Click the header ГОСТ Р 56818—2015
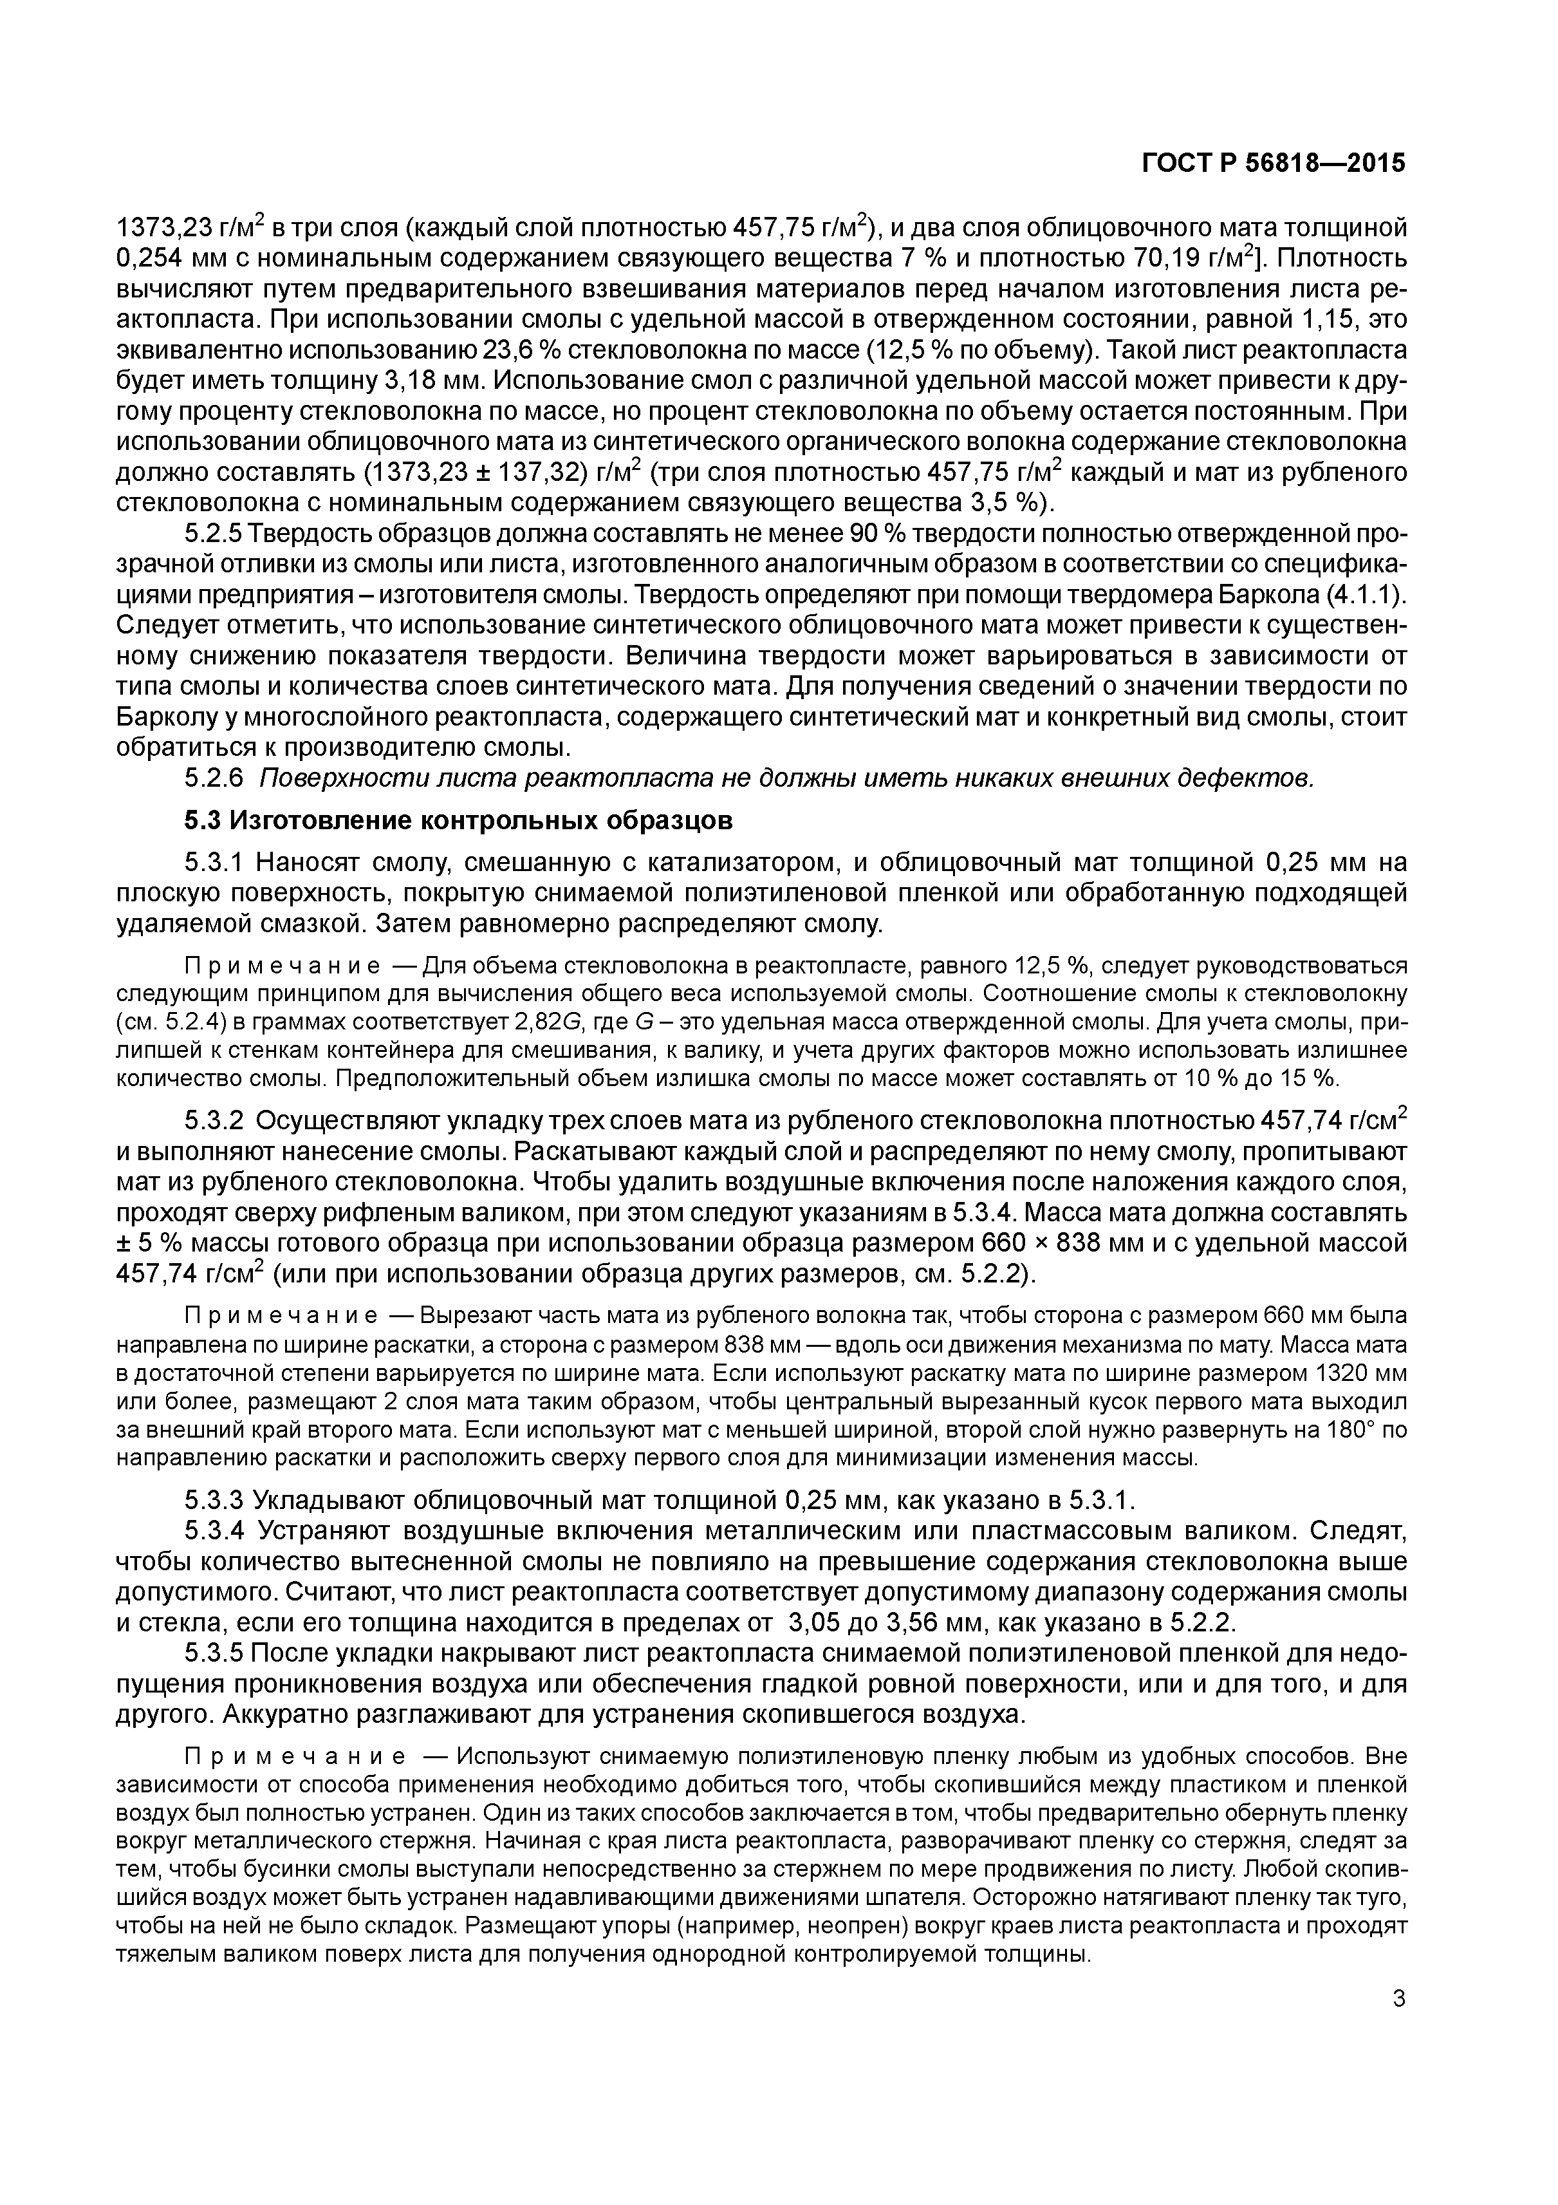click(1273, 164)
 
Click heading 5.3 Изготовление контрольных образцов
click(458, 821)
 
